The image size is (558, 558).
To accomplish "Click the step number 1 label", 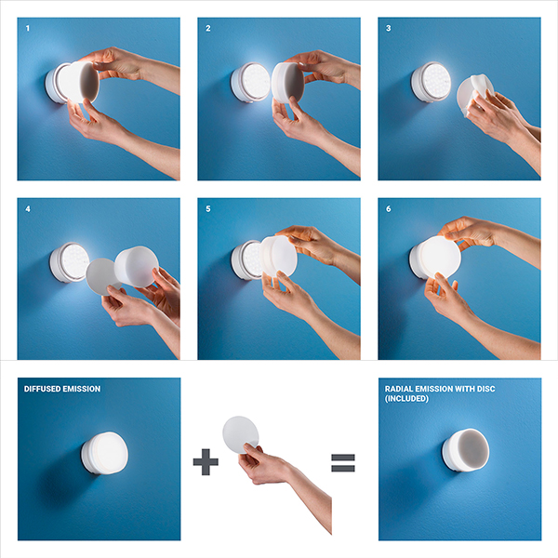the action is [28, 29].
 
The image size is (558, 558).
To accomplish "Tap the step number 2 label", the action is [208, 29].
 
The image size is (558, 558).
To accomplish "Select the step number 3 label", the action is [388, 29].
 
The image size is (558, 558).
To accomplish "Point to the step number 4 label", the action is [28, 209].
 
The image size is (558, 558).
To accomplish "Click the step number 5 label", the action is [208, 209].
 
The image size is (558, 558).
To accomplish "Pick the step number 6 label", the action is [388, 209].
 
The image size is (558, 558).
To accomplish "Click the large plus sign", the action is [206, 462].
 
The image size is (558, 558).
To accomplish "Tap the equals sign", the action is [343, 462].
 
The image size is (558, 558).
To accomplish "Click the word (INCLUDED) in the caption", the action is [406, 399].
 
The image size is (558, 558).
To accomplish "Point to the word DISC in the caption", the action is [485, 389].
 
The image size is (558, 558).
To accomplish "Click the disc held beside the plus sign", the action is [240, 434].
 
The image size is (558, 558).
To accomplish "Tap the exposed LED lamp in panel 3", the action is [431, 82].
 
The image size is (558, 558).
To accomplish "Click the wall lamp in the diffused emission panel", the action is [104, 453].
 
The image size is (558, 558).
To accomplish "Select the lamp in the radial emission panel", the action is [466, 450].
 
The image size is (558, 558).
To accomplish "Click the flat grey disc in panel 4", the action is [101, 276].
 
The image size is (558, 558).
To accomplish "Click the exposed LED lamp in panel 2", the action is [250, 83].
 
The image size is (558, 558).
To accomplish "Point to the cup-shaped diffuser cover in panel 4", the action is [137, 266].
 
